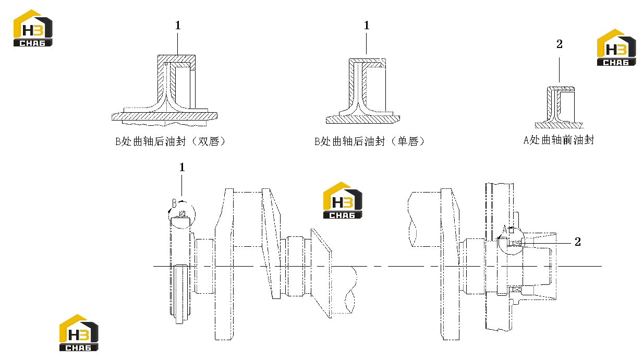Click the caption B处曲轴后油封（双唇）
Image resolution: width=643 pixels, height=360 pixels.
pyautogui.click(x=171, y=141)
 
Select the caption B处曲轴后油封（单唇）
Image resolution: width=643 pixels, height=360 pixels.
pyautogui.click(x=370, y=141)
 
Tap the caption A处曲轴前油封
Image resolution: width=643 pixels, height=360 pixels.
pyautogui.click(x=559, y=140)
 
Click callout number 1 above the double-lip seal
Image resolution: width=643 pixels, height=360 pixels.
pyautogui.click(x=178, y=26)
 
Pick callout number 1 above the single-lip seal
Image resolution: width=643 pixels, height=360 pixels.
pyautogui.click(x=367, y=26)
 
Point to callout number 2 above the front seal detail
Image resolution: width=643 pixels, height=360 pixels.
pyautogui.click(x=560, y=44)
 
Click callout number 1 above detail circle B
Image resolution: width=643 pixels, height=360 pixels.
pyautogui.click(x=182, y=167)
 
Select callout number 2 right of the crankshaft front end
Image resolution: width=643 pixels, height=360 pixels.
pyautogui.click(x=578, y=242)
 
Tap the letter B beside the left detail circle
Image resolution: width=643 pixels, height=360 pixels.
pyautogui.click(x=174, y=203)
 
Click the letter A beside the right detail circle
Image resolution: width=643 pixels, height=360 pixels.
pyautogui.click(x=505, y=230)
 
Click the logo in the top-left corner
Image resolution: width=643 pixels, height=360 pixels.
pyautogui.click(x=33, y=28)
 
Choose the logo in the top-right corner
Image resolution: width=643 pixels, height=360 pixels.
pyautogui.click(x=616, y=47)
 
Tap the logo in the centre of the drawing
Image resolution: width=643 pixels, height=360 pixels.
pyautogui.click(x=343, y=200)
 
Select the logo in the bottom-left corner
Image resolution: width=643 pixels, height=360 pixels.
pyautogui.click(x=79, y=333)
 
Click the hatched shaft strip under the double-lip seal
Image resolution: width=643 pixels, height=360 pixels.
pyautogui.click(x=164, y=116)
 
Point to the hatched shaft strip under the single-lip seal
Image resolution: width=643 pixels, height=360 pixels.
pyautogui.click(x=363, y=119)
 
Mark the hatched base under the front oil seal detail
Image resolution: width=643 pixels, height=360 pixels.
pyautogui.click(x=559, y=125)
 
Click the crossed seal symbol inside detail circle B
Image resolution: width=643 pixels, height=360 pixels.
pyautogui.click(x=182, y=214)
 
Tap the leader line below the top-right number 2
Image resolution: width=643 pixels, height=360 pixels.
pyautogui.click(x=559, y=70)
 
